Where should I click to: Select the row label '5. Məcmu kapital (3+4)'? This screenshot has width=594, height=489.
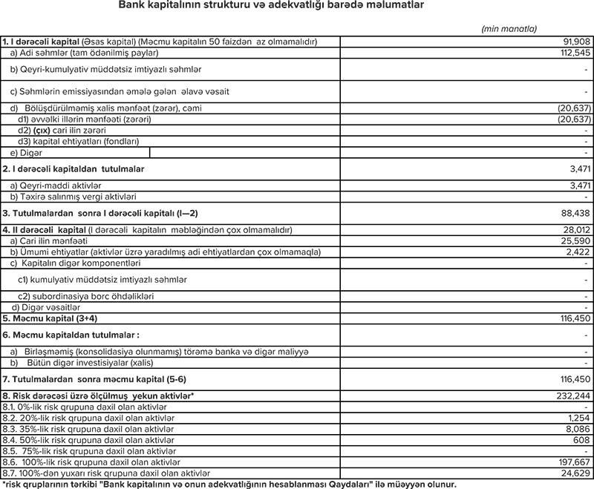pos(50,318)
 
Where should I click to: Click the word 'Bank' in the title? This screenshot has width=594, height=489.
pos(131,7)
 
